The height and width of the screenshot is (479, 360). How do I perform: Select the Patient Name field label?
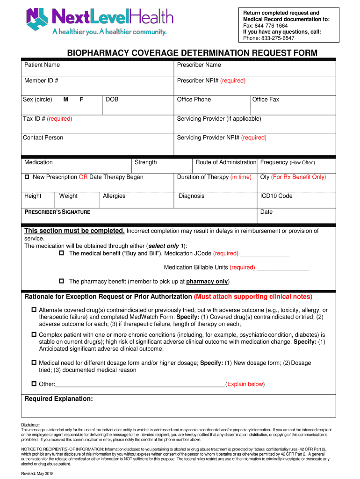click(42, 65)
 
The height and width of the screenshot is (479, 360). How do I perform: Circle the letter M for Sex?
click(66, 100)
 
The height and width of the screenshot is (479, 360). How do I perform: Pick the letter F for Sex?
click(82, 100)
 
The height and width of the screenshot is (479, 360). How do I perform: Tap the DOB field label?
click(112, 100)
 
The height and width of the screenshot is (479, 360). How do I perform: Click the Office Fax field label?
click(266, 100)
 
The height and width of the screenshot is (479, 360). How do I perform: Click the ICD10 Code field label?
click(276, 196)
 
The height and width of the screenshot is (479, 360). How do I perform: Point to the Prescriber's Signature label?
click(57, 212)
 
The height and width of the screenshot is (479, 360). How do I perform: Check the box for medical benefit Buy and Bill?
click(61, 254)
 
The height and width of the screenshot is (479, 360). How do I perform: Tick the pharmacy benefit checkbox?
click(61, 282)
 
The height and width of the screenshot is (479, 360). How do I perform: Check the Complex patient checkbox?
click(34, 335)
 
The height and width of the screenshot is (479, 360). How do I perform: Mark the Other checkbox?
click(34, 384)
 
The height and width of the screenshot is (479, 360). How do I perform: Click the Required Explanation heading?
click(58, 399)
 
